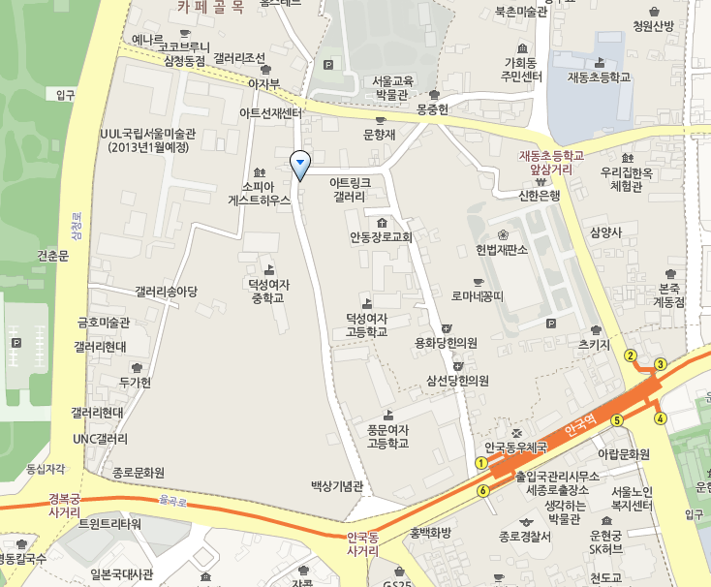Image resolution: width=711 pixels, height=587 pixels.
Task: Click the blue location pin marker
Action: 300,165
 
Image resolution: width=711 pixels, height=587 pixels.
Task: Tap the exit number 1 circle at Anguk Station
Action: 481,463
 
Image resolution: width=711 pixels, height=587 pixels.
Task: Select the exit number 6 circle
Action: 482,490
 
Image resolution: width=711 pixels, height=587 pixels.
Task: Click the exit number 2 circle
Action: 630,355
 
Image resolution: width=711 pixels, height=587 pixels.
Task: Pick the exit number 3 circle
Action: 661,364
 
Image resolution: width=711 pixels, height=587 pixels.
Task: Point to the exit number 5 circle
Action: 616,419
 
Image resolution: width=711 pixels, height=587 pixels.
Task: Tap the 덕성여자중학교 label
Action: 268,291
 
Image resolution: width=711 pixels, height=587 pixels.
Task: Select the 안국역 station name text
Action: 578,425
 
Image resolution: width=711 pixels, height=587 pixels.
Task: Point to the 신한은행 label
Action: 540,195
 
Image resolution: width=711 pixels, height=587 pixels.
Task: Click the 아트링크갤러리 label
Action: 350,188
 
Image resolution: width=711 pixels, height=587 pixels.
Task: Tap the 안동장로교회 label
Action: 381,236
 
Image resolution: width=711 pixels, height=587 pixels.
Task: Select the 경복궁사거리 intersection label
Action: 64,506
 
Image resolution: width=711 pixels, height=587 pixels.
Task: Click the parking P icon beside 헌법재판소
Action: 551,324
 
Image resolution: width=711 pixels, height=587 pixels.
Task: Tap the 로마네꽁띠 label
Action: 478,295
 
